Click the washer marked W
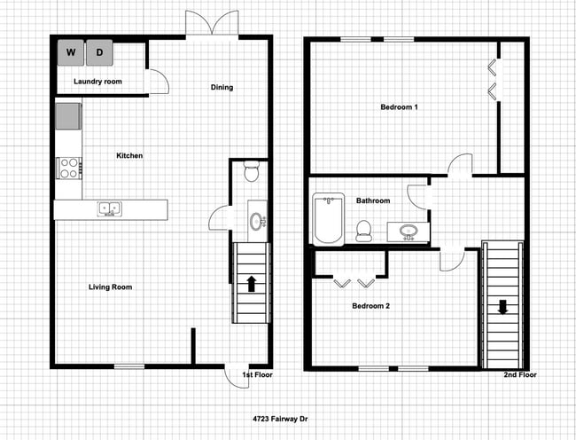click(71, 53)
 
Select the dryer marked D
click(100, 53)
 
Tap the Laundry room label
click(97, 82)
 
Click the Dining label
click(222, 87)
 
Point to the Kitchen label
click(129, 156)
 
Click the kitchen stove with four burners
click(68, 167)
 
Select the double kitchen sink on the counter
click(111, 209)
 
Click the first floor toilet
click(250, 170)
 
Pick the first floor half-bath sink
click(256, 221)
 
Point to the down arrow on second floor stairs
click(502, 308)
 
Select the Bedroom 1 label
click(399, 107)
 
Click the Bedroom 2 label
click(371, 306)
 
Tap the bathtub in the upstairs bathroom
click(328, 220)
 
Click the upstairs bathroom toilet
click(362, 231)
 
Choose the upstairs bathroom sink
click(409, 232)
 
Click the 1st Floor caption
click(257, 375)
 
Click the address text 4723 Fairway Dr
click(280, 418)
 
